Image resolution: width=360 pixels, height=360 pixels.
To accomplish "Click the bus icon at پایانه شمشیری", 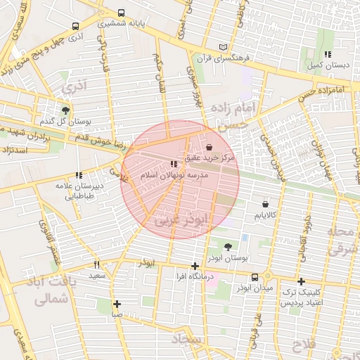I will click(x=122, y=13).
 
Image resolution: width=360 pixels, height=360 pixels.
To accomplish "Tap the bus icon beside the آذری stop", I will click(x=75, y=26).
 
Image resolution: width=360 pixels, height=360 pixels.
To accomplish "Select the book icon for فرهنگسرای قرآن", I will click(x=224, y=47).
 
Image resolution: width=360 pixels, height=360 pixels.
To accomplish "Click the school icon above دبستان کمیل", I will click(x=327, y=54).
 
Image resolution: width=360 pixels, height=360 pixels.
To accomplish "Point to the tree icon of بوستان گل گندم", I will click(x=65, y=110).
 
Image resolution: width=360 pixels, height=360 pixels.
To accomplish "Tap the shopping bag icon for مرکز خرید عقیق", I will click(x=211, y=148).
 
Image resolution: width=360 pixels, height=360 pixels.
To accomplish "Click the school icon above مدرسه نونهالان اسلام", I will click(x=174, y=164).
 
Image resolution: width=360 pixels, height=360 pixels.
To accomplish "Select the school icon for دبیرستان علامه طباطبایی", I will click(x=78, y=176).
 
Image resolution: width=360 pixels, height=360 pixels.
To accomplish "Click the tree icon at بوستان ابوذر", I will click(x=228, y=247).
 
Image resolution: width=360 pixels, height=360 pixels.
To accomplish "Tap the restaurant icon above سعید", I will click(x=96, y=264).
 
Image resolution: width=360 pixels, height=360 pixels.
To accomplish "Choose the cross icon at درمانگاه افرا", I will click(x=195, y=266).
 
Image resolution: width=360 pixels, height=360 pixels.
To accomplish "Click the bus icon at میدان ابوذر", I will click(x=255, y=277).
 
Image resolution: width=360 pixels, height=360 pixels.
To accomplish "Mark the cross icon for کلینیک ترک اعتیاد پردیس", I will click(x=301, y=281).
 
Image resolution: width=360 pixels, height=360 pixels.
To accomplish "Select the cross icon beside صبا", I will click(x=117, y=304).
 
